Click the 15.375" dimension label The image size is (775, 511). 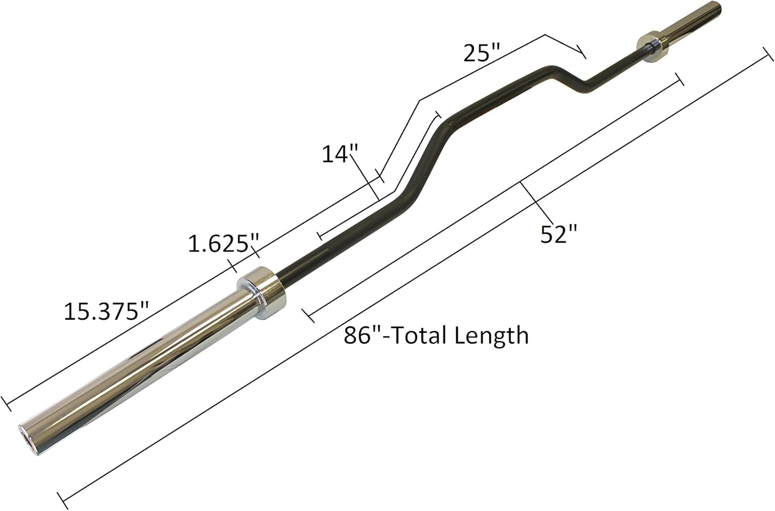(x=106, y=311)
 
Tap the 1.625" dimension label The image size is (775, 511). (x=223, y=243)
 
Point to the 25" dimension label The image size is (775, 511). (x=482, y=53)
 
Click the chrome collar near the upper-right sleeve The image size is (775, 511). (x=653, y=47)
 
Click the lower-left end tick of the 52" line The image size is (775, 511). (x=308, y=314)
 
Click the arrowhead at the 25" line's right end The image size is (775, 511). (x=583, y=53)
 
